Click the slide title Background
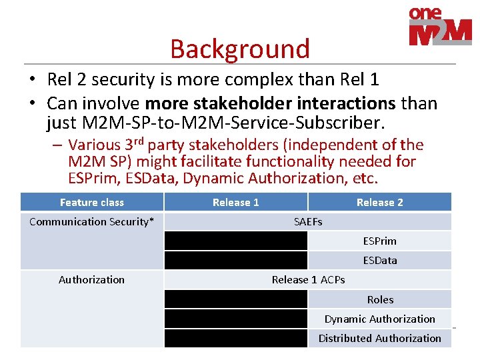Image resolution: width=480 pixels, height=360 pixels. [x=240, y=49]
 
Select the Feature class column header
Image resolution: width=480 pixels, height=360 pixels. [x=92, y=202]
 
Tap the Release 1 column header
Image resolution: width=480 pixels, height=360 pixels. [x=235, y=202]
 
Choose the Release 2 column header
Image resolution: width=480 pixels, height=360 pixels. [x=379, y=202]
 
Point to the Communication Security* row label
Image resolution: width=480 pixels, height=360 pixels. [x=92, y=221]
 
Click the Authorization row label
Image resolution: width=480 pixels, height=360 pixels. [x=92, y=280]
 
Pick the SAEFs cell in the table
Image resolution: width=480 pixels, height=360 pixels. [x=307, y=221]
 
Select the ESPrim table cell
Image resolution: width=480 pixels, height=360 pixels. [x=379, y=241]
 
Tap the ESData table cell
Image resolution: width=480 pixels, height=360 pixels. [x=379, y=260]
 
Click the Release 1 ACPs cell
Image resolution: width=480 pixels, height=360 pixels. [x=307, y=280]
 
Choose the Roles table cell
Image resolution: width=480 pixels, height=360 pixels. [x=379, y=299]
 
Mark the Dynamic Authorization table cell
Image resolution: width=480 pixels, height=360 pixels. [x=379, y=319]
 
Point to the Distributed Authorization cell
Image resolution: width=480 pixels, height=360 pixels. [x=379, y=338]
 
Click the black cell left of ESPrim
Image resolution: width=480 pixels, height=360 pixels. [x=235, y=241]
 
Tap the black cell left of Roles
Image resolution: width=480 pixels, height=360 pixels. [x=235, y=299]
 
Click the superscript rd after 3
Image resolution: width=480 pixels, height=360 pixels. [x=139, y=141]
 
